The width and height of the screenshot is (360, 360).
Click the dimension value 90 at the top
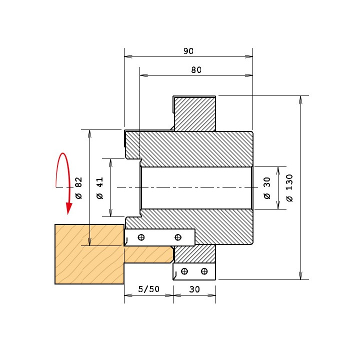(188, 51)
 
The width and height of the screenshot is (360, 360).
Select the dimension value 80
(196, 70)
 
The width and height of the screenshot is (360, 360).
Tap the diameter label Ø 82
(78, 188)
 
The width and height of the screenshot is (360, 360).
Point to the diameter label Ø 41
(100, 188)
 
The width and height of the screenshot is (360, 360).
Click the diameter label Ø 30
(267, 188)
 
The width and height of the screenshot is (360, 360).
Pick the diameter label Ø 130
(289, 188)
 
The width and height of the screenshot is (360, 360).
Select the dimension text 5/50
(149, 289)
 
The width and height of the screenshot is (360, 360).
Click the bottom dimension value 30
(194, 289)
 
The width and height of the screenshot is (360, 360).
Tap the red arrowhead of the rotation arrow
(69, 208)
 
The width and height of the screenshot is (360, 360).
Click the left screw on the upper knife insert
(141, 237)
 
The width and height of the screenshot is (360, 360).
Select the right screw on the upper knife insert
(178, 237)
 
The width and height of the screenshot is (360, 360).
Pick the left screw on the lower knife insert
(184, 271)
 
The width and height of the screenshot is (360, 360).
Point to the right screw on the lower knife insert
(204, 271)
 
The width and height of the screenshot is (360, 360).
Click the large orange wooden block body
(89, 254)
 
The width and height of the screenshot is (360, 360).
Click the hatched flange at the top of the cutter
(194, 113)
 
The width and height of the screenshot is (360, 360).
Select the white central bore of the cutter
(196, 188)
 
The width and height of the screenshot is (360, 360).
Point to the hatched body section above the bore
(189, 149)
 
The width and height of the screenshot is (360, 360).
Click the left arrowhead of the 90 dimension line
(128, 56)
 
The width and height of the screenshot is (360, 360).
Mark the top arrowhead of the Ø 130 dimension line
(301, 100)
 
